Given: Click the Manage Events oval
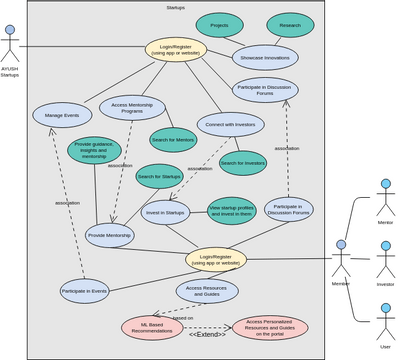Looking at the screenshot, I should point(62,115).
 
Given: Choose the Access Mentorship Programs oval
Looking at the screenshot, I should point(133,107).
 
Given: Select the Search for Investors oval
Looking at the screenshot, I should point(242,162).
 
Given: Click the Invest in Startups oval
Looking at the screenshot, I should point(166,212).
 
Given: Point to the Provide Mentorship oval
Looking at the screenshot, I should point(109,235).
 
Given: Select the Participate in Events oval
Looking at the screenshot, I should point(84,291).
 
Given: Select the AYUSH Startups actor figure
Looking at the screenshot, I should point(10,44).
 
